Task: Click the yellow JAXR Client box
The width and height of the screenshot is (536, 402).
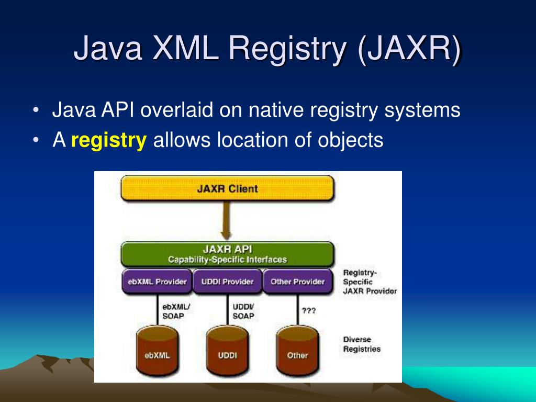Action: [227, 188]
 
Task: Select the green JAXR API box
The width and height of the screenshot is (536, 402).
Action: [227, 254]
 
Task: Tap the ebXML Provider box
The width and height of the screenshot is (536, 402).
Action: [157, 282]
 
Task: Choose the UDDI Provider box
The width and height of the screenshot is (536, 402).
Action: [227, 282]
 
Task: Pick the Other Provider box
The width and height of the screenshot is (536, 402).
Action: [297, 282]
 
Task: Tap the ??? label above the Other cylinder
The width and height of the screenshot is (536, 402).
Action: [308, 310]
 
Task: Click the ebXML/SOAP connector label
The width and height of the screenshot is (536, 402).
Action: [176, 311]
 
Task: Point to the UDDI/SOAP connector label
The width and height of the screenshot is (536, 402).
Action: [243, 311]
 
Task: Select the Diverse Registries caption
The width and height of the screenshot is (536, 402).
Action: [362, 344]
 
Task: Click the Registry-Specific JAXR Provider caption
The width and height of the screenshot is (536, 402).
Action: [370, 282]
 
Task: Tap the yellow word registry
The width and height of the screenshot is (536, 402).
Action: [108, 140]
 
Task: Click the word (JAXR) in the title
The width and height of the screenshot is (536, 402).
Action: [410, 49]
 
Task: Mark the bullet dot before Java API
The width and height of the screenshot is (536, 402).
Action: [35, 111]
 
